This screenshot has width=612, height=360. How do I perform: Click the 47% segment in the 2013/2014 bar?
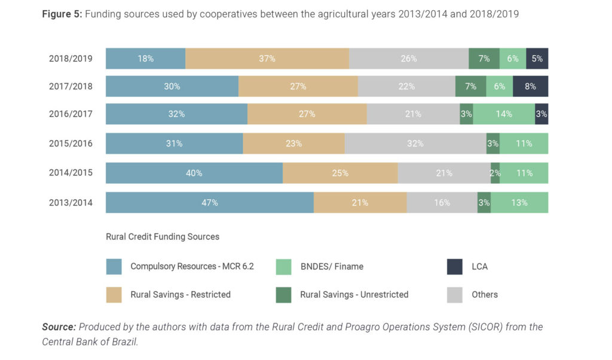pos(210,203)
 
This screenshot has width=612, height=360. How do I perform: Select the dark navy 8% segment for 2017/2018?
pos(530,86)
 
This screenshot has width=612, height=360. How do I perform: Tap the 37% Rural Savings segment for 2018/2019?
pos(267,59)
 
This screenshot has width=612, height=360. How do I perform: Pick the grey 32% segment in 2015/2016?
pos(415,144)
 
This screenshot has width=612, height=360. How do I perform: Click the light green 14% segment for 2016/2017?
pos(504,114)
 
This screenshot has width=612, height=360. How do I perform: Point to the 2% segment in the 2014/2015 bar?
pos(495,173)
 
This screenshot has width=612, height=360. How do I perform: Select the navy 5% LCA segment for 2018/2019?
pos(537,59)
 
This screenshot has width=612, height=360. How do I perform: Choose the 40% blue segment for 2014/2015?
pos(194,173)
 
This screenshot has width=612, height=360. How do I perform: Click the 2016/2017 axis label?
pos(71,114)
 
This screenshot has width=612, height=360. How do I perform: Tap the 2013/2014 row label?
pos(71,203)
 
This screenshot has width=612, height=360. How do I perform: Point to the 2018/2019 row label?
pos(71,59)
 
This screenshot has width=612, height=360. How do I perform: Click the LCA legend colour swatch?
pos(455,267)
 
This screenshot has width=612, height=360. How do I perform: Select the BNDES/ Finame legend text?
pos(331,267)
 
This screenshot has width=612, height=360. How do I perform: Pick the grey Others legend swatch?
pos(455,294)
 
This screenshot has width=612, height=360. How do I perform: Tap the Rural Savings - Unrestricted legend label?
pos(354,294)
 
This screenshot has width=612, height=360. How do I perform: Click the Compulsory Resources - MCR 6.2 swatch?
pos(114,267)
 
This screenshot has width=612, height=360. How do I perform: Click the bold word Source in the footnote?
pos(59,327)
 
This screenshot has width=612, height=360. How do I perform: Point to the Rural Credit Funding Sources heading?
pos(163,237)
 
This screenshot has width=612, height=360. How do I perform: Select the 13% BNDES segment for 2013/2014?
pos(519,203)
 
